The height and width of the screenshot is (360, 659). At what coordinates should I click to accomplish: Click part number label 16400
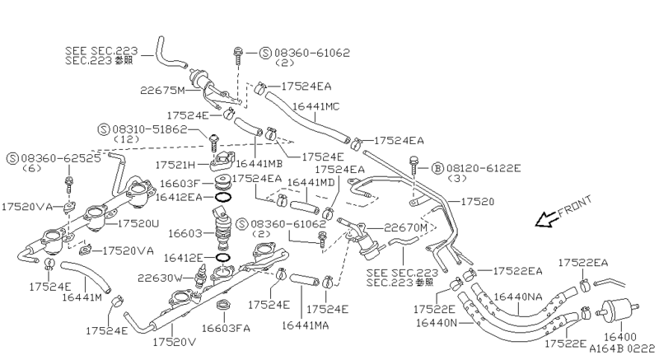coord(622,338)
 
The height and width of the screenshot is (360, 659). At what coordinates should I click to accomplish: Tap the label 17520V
coord(175,340)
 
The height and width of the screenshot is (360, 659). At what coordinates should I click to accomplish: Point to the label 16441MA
coord(306,326)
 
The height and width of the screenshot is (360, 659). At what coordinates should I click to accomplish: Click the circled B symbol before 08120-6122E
coord(437,167)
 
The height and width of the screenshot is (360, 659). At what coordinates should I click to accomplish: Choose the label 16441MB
coord(260,165)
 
